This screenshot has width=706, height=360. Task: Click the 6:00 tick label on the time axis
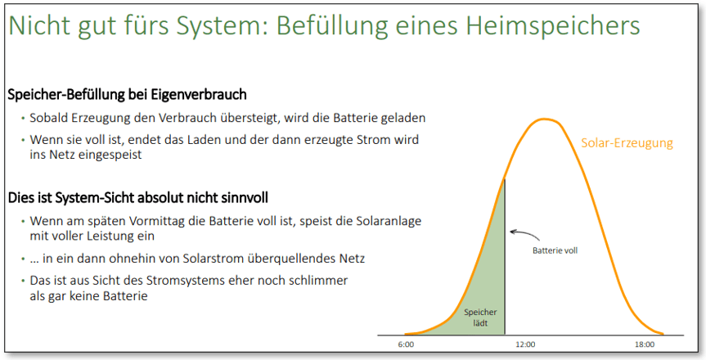click(406, 344)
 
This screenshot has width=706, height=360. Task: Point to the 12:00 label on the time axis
click(525, 344)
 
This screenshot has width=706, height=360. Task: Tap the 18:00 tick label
click(645, 344)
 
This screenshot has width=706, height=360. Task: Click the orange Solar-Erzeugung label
click(627, 143)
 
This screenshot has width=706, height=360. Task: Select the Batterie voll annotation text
click(555, 250)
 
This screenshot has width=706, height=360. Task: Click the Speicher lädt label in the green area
click(480, 317)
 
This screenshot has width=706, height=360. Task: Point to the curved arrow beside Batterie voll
click(524, 234)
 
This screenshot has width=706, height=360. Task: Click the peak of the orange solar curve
click(544, 119)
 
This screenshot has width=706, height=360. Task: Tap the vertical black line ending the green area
click(505, 257)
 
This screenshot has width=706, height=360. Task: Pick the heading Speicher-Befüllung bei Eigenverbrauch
click(128, 95)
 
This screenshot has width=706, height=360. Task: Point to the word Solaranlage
click(389, 221)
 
